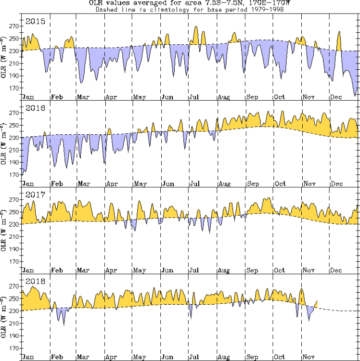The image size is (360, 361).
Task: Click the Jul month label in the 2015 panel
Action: click(x=195, y=97)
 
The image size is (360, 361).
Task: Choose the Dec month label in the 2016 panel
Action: click(x=336, y=184)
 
